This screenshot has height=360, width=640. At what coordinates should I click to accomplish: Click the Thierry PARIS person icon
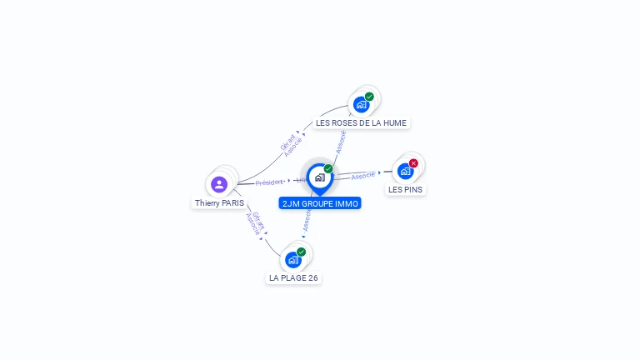click(219, 184)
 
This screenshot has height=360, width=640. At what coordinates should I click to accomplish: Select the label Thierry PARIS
click(220, 202)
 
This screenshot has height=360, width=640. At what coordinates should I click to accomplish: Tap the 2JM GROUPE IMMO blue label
click(320, 202)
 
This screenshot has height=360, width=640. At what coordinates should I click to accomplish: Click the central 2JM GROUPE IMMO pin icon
click(319, 177)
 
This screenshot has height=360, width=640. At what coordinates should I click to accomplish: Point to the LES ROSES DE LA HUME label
click(361, 122)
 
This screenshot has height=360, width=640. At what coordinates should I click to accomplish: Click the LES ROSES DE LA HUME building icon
click(361, 104)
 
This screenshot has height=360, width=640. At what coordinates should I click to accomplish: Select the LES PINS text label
click(405, 189)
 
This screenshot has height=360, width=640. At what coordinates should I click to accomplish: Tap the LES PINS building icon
click(405, 171)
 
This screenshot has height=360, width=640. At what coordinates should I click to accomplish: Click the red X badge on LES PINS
click(413, 163)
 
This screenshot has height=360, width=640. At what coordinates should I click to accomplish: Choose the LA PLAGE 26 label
click(293, 277)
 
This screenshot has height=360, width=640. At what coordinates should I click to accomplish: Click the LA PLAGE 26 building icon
click(293, 259)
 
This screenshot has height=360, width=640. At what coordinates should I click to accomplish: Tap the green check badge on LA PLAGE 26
click(301, 252)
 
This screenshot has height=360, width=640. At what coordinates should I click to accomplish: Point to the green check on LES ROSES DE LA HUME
click(369, 97)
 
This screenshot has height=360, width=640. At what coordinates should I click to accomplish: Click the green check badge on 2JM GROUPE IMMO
click(328, 169)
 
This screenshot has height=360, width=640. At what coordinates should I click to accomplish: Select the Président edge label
click(269, 182)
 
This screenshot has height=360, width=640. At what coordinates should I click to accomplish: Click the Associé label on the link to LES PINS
click(363, 176)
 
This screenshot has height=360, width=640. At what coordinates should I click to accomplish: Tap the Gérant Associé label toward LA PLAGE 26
click(255, 222)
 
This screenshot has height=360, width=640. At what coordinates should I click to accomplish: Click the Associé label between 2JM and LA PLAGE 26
click(307, 220)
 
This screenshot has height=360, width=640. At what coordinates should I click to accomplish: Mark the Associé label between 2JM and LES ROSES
click(340, 142)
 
